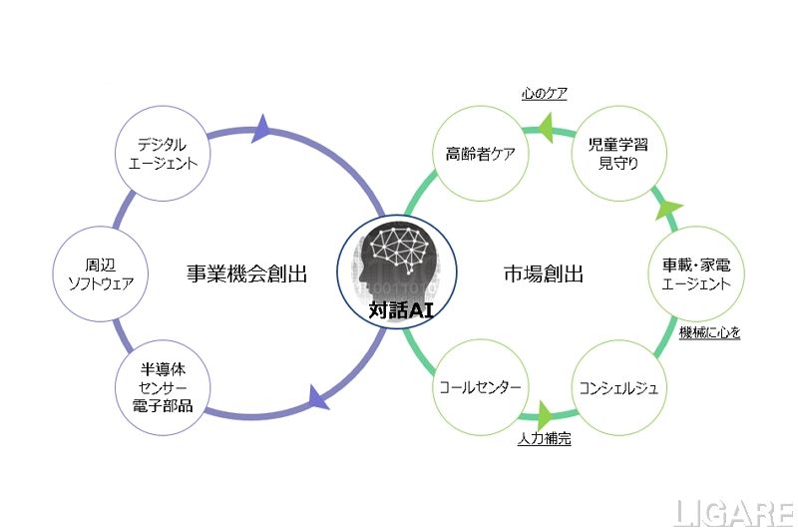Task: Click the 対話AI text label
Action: tap(397, 309)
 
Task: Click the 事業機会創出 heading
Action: tap(246, 273)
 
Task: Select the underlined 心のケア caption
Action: tap(545, 95)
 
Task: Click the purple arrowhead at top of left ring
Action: tap(263, 127)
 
